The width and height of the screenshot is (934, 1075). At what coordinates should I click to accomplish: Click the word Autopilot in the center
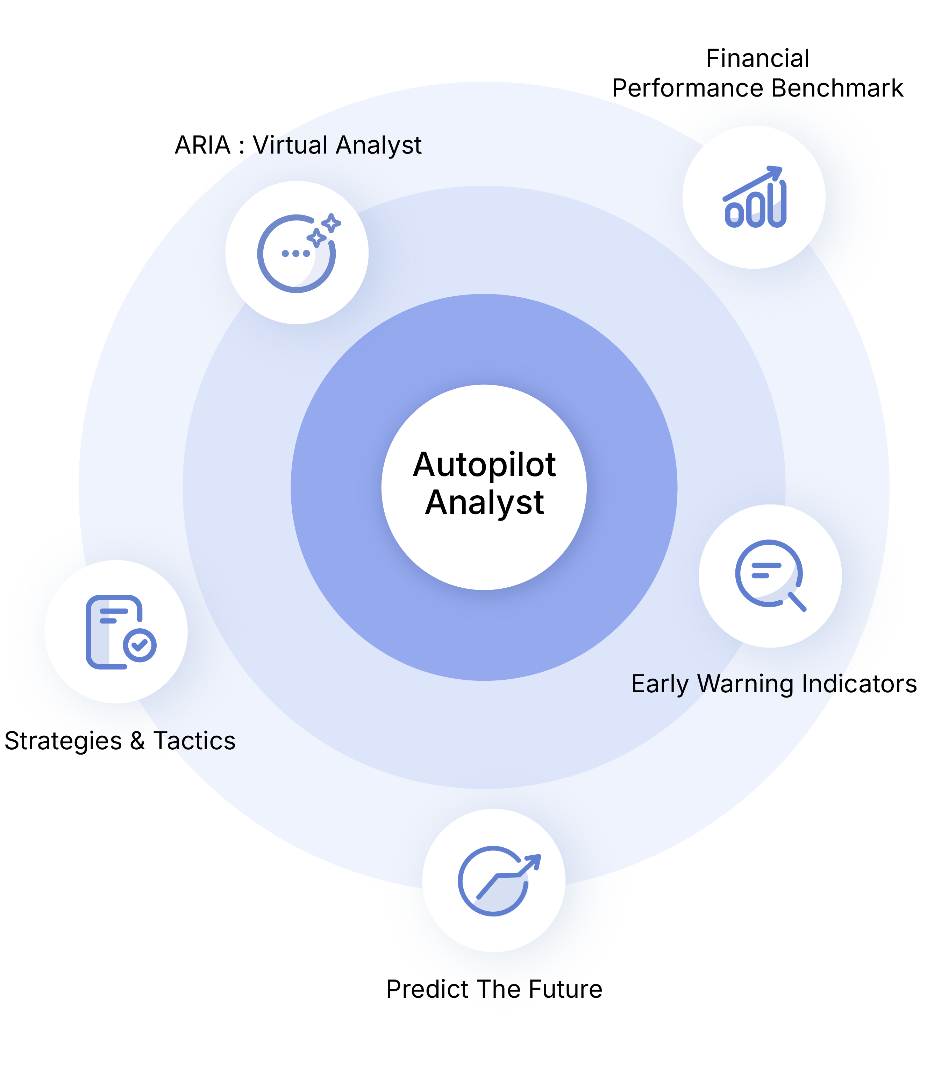(484, 465)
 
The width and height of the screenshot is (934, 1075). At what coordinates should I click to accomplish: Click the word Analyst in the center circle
(484, 503)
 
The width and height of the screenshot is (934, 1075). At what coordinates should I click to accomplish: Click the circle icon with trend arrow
(494, 881)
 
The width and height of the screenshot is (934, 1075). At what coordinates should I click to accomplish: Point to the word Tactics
(194, 741)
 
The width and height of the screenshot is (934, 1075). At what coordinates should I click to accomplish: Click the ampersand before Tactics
(137, 741)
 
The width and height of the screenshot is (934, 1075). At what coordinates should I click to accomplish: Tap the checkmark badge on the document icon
(140, 645)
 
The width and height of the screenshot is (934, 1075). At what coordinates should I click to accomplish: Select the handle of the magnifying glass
(797, 602)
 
